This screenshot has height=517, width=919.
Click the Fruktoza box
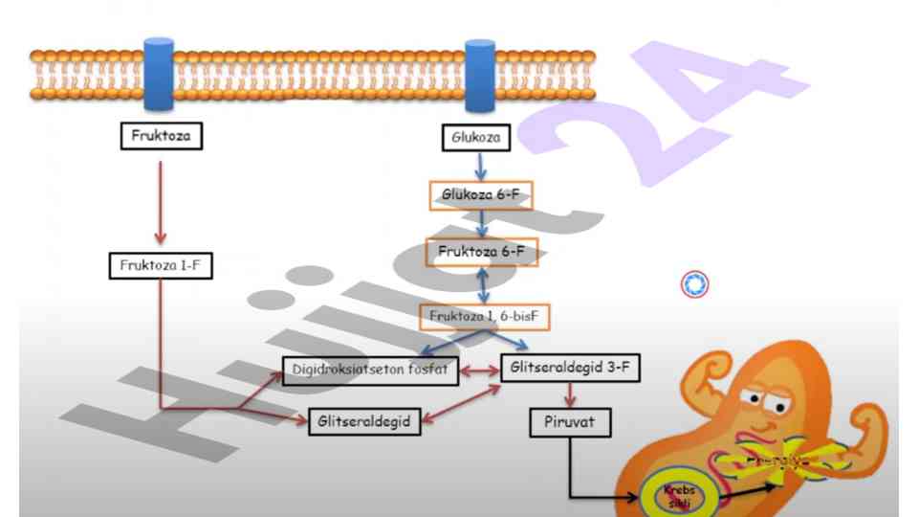[x=161, y=136]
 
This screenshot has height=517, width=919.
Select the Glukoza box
[x=475, y=138]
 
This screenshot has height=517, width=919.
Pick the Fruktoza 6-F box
[x=481, y=252]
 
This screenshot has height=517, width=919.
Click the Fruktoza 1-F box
[x=160, y=265]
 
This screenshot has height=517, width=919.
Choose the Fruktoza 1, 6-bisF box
[x=485, y=315]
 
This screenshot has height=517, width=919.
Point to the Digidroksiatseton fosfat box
[x=371, y=370]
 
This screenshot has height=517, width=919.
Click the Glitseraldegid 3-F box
[x=570, y=367]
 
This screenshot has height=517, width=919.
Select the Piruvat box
[x=570, y=421]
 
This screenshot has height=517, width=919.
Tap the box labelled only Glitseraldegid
[x=365, y=421]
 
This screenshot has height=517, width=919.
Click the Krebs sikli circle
[x=682, y=493]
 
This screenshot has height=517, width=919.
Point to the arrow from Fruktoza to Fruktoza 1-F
[x=160, y=201]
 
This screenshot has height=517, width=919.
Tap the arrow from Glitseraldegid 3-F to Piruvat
[x=571, y=393]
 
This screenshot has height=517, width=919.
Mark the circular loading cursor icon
[x=695, y=283]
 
